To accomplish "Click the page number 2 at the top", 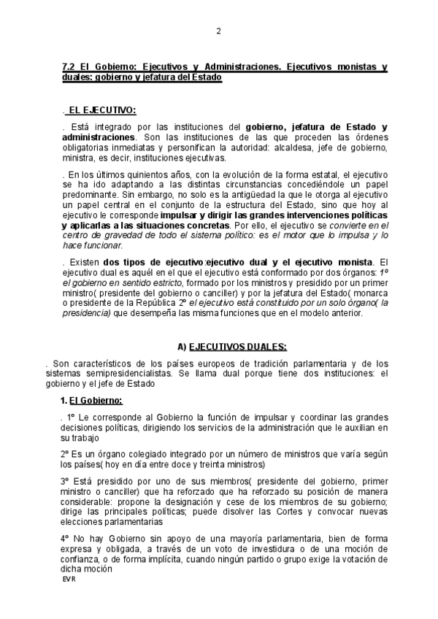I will tap(218, 31).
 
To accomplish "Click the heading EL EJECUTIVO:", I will tap(101, 109).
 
